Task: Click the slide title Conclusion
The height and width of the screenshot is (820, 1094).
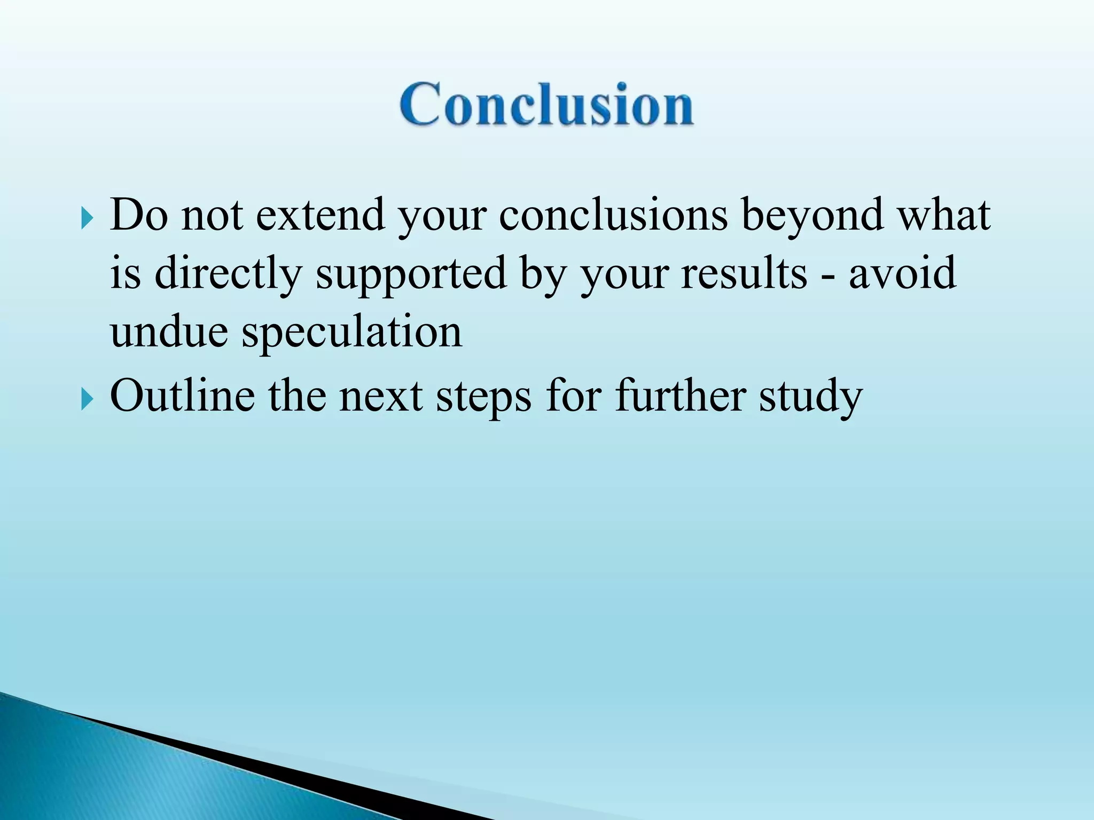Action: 546,105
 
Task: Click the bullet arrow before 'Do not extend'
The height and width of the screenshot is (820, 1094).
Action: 87,218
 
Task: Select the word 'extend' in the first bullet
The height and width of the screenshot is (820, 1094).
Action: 321,215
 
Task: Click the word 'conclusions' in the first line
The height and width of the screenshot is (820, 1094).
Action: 613,215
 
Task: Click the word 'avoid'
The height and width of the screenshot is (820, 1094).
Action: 902,273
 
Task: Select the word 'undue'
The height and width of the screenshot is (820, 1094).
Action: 169,332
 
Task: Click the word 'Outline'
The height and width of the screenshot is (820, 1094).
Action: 182,397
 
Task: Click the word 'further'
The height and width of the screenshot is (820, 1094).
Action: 681,396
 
